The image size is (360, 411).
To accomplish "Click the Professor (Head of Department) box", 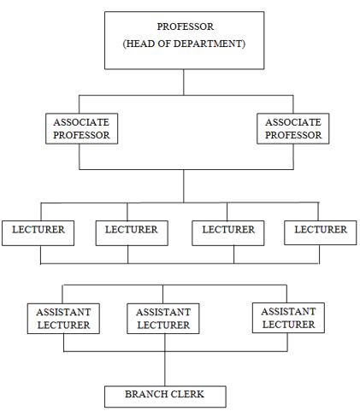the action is click(x=184, y=40).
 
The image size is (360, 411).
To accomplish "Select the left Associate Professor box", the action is click(x=81, y=128).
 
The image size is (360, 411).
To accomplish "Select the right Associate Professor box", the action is click(x=293, y=128).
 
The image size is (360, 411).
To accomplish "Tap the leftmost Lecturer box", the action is click(x=38, y=233).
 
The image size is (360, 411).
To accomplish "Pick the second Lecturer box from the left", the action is click(x=132, y=233).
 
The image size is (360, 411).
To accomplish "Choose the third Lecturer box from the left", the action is click(x=228, y=233).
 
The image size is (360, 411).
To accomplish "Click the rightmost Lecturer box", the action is click(x=321, y=232).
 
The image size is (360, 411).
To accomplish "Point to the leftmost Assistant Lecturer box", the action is click(x=63, y=319).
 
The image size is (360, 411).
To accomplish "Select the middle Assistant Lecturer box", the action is click(x=163, y=319).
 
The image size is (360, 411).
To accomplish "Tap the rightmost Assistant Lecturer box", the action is click(x=288, y=318).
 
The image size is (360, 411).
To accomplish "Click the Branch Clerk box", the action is click(x=165, y=396).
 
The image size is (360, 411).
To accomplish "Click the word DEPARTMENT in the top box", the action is click(x=208, y=44).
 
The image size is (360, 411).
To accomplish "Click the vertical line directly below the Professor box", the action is click(x=184, y=82).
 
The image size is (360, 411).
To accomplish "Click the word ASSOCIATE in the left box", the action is click(x=81, y=122).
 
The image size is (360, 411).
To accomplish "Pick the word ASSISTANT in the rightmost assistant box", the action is click(x=288, y=311).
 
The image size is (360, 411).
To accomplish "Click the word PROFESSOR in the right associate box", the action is click(x=293, y=135).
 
